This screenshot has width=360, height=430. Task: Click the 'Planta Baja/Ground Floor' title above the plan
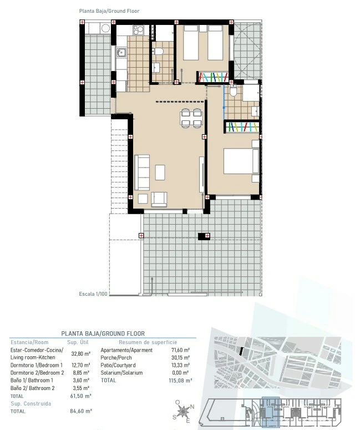109,11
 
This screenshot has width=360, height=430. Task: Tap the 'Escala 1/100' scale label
93,294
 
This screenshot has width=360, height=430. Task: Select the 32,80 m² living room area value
81,354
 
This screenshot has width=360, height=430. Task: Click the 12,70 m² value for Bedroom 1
80,365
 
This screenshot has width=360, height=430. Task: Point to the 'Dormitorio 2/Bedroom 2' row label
37,373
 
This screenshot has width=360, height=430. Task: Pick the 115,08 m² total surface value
180,381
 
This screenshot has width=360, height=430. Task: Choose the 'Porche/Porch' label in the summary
116,358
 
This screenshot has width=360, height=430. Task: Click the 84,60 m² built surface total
81,411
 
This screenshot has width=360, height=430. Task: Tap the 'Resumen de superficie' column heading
148,342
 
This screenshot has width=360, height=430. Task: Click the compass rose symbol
183,411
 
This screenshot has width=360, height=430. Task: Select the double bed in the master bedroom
241,161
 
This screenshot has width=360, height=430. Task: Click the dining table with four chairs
191,118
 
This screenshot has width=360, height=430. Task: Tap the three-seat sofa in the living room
142,173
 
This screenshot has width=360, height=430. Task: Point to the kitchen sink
121,52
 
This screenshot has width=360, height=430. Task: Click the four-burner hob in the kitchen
139,30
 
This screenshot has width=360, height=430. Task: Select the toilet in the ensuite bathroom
233,91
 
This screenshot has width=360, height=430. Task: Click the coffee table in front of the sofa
160,172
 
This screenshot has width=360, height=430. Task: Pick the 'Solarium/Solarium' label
121,373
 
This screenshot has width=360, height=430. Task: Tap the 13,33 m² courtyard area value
180,365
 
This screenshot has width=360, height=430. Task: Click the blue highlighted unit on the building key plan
271,412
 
